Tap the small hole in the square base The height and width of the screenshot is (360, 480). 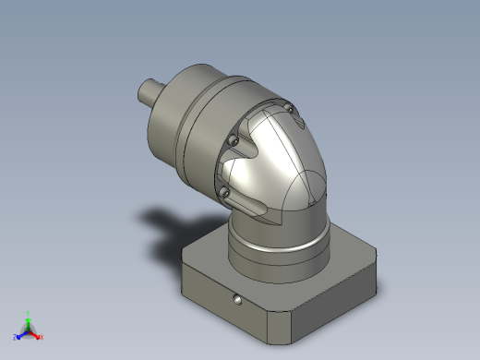point(238,301)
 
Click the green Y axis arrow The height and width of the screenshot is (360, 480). point(29,318)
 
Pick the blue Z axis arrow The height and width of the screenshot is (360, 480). point(20,334)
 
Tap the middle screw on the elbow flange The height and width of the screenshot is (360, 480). point(234,140)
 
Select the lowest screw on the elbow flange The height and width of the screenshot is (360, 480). point(224,192)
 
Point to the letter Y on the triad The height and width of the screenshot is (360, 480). point(30,313)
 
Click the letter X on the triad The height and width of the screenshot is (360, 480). point(42,337)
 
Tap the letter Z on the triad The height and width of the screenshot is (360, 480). point(16,337)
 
